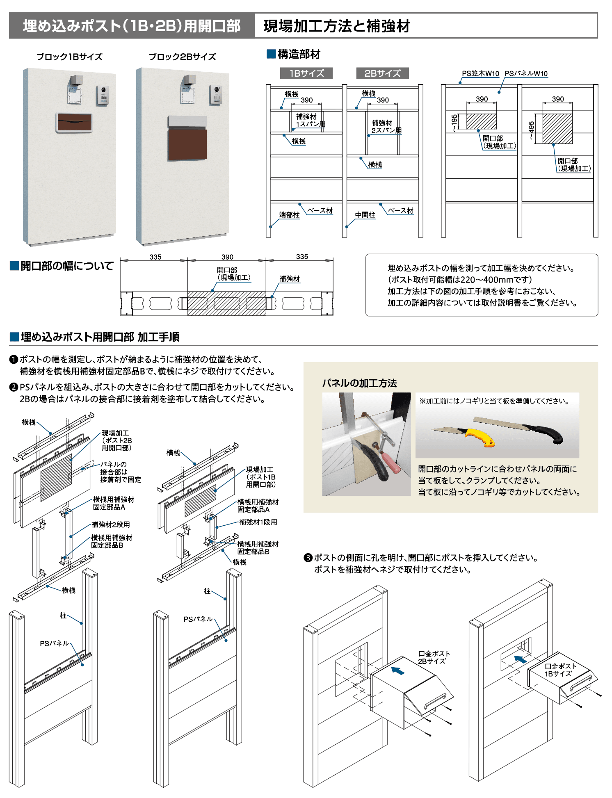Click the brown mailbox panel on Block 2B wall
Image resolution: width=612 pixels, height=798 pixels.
pos(187,144)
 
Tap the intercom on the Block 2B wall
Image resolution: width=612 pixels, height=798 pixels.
pos(216,95)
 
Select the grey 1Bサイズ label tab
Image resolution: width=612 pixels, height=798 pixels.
pos(306,73)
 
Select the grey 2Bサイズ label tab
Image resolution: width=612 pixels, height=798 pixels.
pos(382,73)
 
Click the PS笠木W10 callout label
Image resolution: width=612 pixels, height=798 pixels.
pos(480,73)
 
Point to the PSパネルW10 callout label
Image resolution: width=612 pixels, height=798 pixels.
pos(526,73)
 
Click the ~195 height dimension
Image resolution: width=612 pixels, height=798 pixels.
pos(454,122)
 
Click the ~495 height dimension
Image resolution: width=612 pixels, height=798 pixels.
pos(531,130)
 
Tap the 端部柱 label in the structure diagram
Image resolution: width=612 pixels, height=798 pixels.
pos(289,215)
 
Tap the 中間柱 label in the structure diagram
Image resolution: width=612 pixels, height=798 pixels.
pos(365,215)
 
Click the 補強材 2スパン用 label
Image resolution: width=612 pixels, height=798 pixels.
pos(386,126)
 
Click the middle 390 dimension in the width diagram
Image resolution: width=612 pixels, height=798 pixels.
pos(227,257)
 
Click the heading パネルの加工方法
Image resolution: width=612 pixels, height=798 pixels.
pos(359,383)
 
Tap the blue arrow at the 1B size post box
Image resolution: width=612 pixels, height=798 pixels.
pos(520,659)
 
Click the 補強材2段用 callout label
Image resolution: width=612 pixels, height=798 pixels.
pos(111,524)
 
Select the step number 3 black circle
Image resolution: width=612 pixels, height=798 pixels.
pos(308,558)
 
